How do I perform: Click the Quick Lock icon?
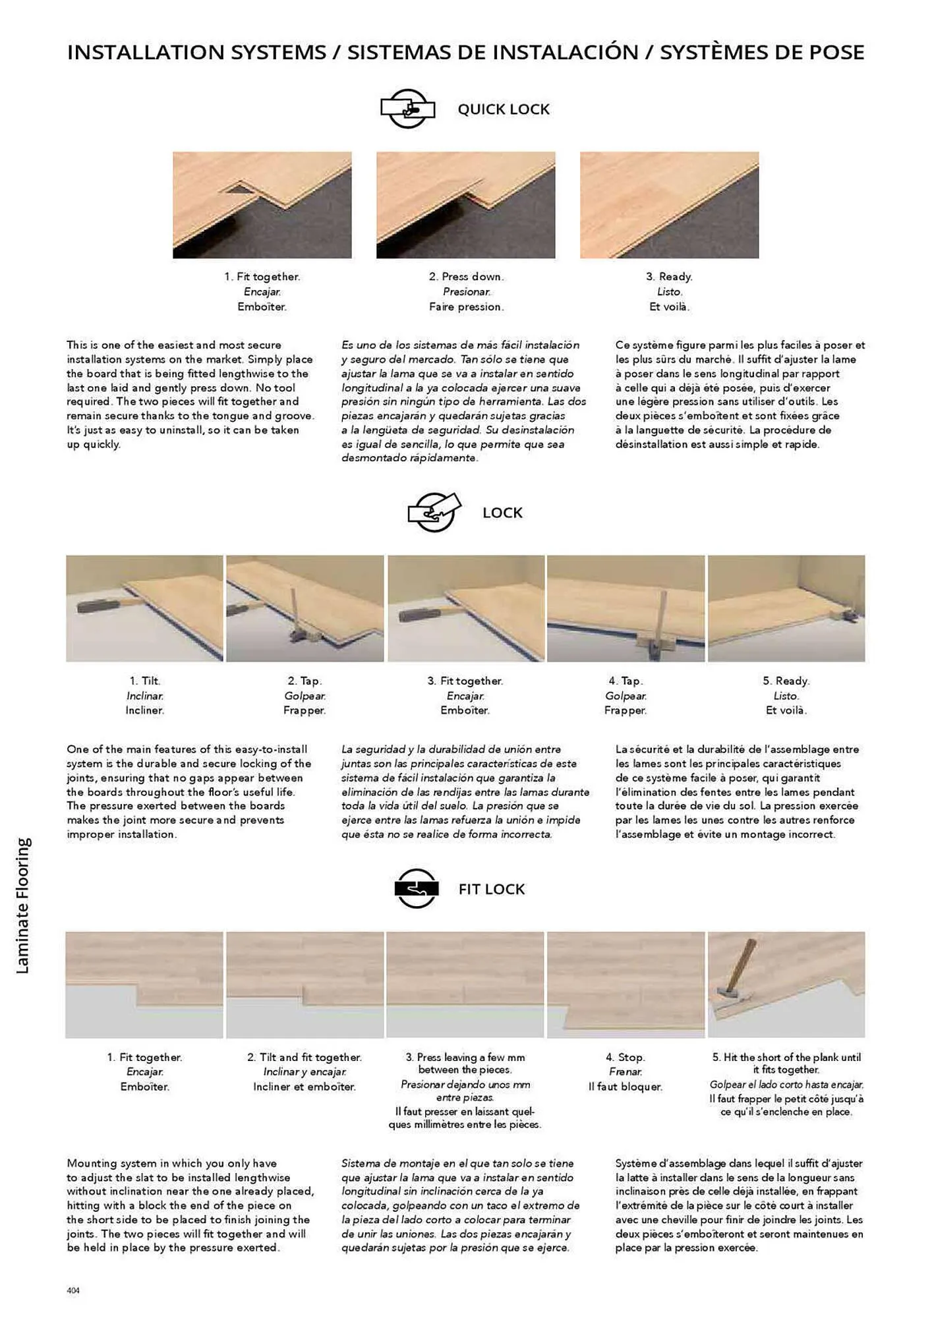click(407, 109)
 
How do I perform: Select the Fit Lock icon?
click(416, 888)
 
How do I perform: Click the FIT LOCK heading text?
click(492, 889)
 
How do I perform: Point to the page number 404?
click(73, 1290)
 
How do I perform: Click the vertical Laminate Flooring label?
click(23, 905)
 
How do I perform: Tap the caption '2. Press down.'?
click(465, 277)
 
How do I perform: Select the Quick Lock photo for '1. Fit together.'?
click(262, 205)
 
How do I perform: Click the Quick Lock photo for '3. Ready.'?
click(669, 205)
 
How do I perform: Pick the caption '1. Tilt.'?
click(144, 681)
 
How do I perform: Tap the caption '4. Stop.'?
click(625, 1057)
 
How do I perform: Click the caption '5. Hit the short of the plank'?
click(786, 1063)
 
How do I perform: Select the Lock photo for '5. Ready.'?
click(786, 608)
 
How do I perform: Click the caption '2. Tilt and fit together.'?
click(304, 1057)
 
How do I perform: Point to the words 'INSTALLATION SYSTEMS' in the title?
click(196, 52)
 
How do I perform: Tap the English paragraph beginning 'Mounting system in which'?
click(190, 1205)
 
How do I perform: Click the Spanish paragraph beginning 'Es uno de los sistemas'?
click(463, 401)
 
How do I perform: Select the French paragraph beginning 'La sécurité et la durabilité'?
click(737, 791)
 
